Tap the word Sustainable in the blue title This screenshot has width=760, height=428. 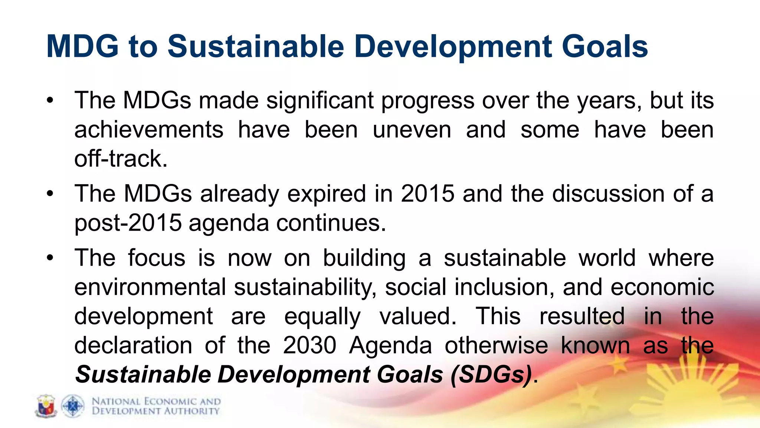pos(256,46)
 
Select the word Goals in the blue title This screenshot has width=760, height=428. pos(605,46)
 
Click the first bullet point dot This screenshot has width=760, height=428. pos(50,101)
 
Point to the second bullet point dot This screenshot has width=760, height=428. pos(50,194)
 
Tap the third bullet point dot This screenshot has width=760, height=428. pos(50,258)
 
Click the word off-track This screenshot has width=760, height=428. pos(121,159)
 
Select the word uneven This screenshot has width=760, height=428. pos(412,130)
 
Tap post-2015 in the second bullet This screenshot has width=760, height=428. pos(128,223)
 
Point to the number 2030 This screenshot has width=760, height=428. pos(309,345)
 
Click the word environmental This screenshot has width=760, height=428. pos(150,287)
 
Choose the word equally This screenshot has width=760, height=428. pos(322,317)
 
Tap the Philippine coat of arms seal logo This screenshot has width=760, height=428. pos(46,406)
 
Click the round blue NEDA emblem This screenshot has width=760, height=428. pos(72,406)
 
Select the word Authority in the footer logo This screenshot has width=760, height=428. pos(192,411)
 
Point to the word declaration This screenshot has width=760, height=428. pos(133,345)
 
